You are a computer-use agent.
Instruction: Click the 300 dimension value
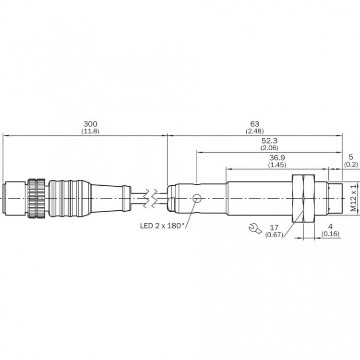tap(90, 124)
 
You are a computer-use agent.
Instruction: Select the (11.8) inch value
tap(90, 132)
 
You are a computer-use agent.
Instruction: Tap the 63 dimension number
tap(254, 124)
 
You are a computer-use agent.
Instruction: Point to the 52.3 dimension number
tap(269, 141)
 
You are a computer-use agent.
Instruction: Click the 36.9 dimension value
tap(277, 158)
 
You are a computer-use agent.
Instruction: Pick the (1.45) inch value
tap(277, 165)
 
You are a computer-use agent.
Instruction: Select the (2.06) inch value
tap(269, 148)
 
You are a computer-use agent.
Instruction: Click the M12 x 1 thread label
tap(354, 198)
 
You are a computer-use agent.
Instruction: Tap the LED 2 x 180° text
tap(163, 226)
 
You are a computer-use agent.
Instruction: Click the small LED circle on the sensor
tap(197, 198)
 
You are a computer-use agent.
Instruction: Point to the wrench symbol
tap(255, 228)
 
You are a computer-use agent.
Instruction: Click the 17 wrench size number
tap(274, 228)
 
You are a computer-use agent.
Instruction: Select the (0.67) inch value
tap(274, 235)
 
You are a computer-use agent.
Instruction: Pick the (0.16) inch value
tap(330, 234)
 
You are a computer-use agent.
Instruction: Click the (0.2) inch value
tap(351, 164)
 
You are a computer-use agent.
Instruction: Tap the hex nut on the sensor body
tap(303, 199)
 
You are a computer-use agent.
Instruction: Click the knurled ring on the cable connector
tap(36, 198)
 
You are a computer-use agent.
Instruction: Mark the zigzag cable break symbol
tap(150, 198)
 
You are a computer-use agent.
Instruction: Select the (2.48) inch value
tap(254, 132)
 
